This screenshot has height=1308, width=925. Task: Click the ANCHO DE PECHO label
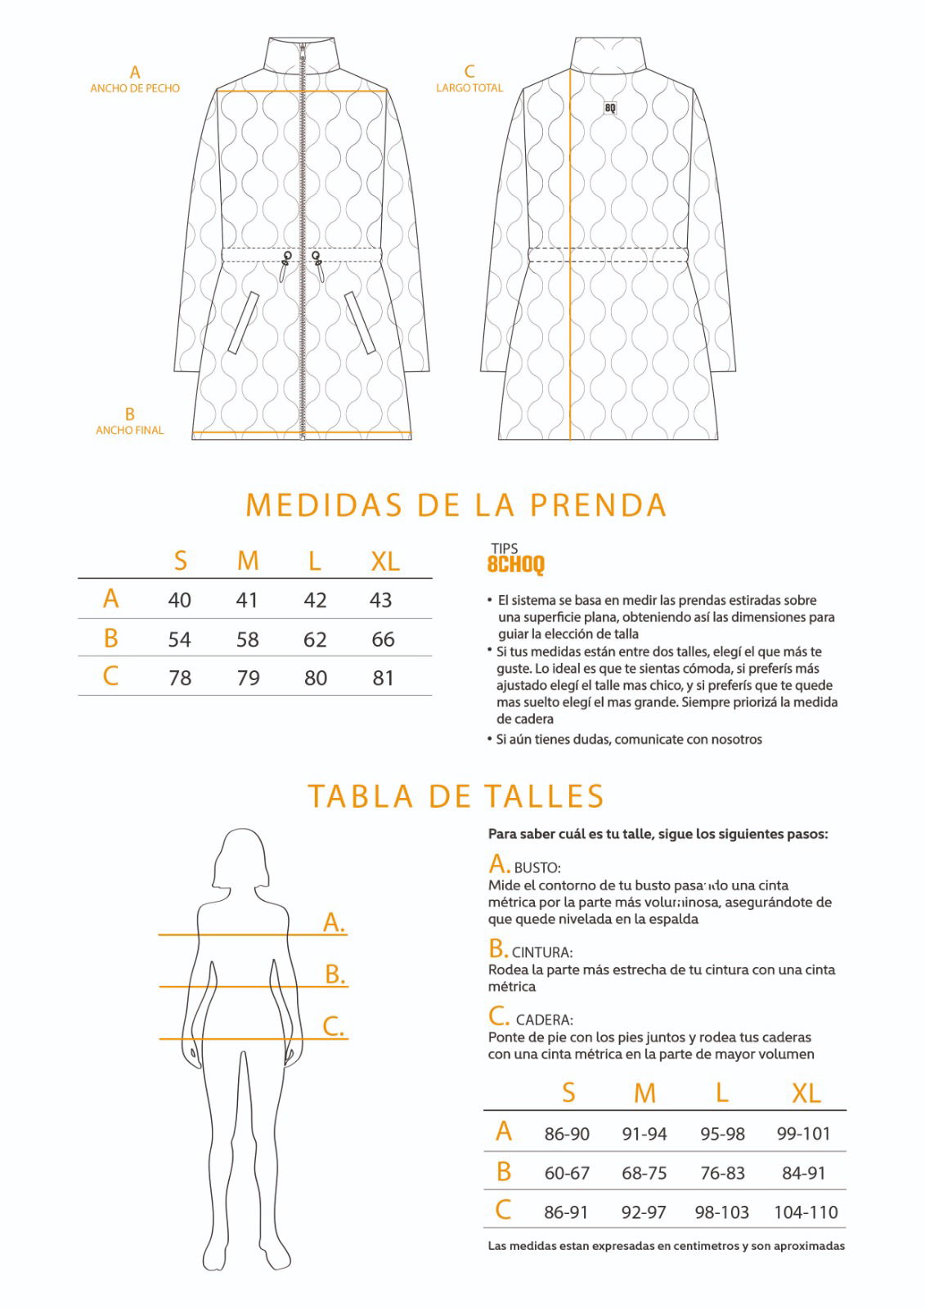[x=135, y=88]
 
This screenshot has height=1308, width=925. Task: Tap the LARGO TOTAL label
[x=469, y=87]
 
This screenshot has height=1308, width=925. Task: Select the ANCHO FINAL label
[x=129, y=430]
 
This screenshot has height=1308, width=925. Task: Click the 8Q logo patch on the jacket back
[x=610, y=108]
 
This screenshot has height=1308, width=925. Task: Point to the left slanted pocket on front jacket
[x=243, y=323]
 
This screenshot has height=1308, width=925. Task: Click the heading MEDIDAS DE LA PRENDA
[x=456, y=505]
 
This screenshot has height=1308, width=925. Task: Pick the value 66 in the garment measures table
[x=383, y=639]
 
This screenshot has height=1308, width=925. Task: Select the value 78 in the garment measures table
[x=180, y=678]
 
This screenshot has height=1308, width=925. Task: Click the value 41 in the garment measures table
[x=247, y=600]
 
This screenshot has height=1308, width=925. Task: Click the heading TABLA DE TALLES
[x=456, y=796]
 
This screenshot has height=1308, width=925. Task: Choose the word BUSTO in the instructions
[x=537, y=868]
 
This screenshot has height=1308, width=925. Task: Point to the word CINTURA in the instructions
[x=541, y=952]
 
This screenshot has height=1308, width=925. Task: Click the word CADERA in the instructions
[x=544, y=1020]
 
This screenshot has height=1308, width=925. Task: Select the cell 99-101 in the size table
[x=803, y=1134]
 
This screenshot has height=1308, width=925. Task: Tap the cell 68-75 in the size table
[x=644, y=1173]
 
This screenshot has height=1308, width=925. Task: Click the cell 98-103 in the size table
[x=721, y=1212]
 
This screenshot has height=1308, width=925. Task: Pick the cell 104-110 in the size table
[x=806, y=1212]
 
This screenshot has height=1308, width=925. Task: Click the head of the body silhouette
[x=241, y=858]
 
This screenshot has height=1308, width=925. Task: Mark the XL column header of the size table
[x=806, y=1093]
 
